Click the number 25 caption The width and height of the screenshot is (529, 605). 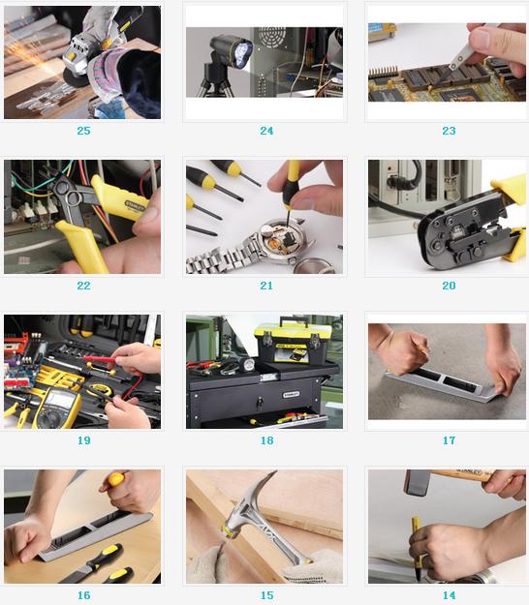click(x=83, y=131)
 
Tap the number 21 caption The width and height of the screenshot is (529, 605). click(x=266, y=286)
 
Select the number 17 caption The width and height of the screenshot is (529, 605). click(x=449, y=440)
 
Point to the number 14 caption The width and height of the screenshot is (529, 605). click(x=449, y=595)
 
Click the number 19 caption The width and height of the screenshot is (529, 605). click(x=83, y=440)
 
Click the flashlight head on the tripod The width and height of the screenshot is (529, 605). click(x=232, y=50)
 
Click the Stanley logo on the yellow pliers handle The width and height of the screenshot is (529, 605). click(x=135, y=206)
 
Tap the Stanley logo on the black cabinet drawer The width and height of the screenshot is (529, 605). click(x=291, y=395)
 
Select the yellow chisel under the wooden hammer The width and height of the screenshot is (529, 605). click(x=417, y=548)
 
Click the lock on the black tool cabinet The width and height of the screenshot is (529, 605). click(x=261, y=403)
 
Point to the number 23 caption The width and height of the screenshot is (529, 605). click(x=449, y=131)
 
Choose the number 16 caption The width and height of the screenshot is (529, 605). click(x=83, y=595)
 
